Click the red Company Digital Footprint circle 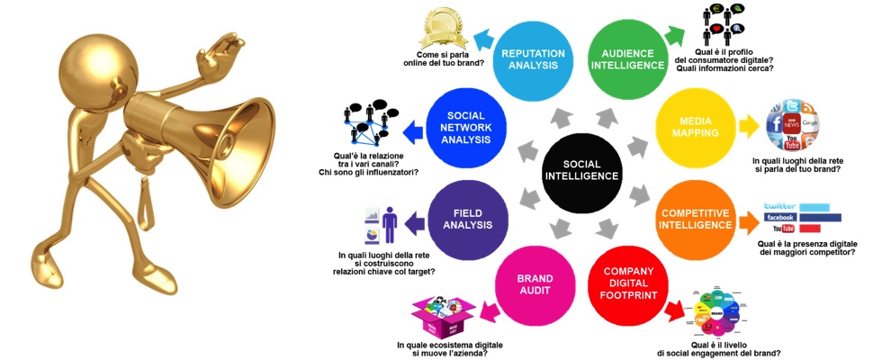[x=627, y=283]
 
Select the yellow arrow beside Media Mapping [x=748, y=127]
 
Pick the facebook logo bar [x=801, y=218]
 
